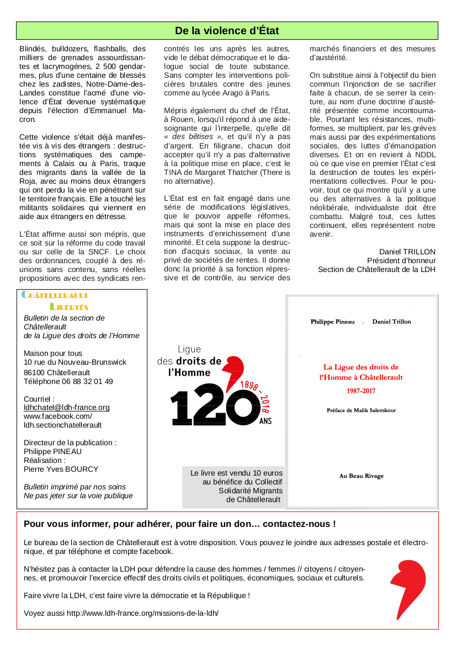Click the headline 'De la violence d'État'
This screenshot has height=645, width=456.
click(227, 30)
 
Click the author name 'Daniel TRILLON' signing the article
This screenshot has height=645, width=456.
click(407, 252)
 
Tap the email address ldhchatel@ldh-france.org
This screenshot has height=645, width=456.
click(67, 408)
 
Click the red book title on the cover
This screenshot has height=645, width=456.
click(361, 372)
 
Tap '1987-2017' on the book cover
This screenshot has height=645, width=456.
click(361, 391)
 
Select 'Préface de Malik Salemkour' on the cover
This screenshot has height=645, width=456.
click(361, 411)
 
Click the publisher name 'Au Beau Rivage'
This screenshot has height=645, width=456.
click(361, 476)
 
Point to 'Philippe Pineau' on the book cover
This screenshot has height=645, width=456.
click(333, 322)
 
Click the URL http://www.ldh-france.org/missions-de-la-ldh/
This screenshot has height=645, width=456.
click(143, 613)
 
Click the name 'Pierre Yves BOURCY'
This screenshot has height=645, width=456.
click(61, 469)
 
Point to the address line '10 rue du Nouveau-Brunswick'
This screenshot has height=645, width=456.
click(75, 363)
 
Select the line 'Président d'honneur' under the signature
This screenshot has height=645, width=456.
click(401, 260)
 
